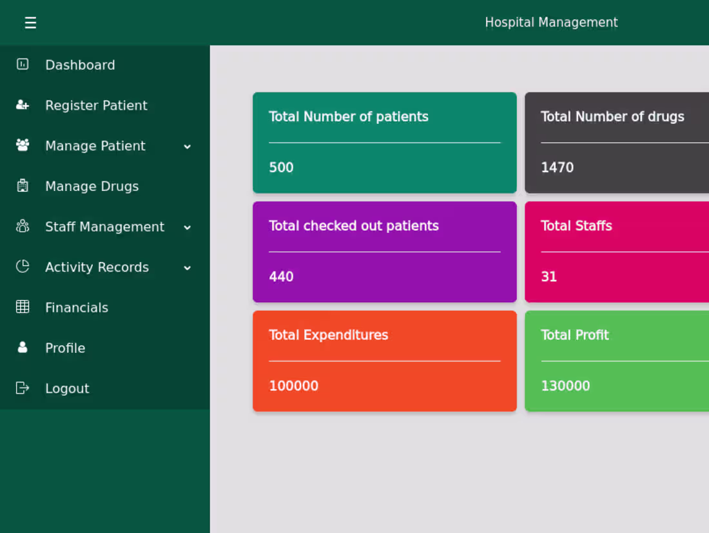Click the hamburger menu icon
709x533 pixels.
(30, 23)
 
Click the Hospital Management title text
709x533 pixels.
(551, 23)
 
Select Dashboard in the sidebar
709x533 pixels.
(80, 65)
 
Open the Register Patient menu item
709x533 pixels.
(96, 105)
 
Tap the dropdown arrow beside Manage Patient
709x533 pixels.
(187, 146)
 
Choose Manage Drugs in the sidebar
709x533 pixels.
(92, 186)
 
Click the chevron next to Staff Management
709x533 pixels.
(187, 227)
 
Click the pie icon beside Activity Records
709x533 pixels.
(23, 266)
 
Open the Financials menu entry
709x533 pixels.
(76, 308)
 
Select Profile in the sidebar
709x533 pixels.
(64, 348)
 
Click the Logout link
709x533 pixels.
(67, 388)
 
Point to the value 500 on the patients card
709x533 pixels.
(281, 168)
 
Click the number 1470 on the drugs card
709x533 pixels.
(557, 168)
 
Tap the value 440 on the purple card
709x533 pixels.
(281, 277)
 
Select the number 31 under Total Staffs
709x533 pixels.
(549, 277)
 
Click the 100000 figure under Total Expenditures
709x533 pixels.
(293, 386)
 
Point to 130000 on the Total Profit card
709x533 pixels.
(565, 386)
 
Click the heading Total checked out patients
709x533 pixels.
(353, 226)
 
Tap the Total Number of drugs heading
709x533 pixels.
(612, 117)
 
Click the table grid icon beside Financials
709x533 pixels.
(23, 307)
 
